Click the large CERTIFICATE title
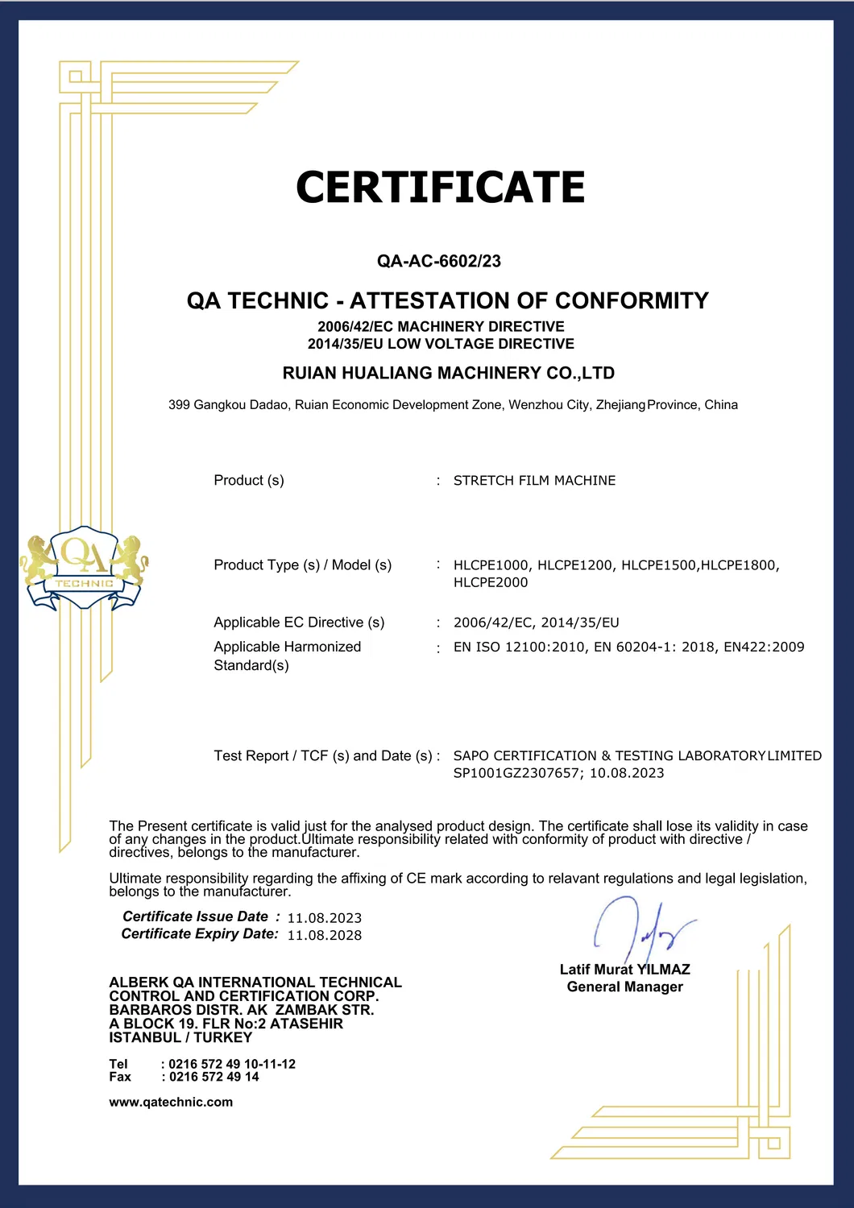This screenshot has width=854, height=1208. point(440,188)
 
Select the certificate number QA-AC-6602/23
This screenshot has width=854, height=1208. point(439,261)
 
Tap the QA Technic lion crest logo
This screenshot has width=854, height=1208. point(84,567)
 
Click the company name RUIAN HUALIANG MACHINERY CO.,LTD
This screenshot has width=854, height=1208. point(448,373)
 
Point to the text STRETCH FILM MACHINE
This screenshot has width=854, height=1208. point(534,481)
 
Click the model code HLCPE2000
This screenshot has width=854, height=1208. point(491,582)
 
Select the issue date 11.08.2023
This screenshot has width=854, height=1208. point(325,918)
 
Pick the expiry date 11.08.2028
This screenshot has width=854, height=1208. point(325,935)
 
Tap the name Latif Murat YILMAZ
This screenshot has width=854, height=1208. point(624,970)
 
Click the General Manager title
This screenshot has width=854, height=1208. point(624,987)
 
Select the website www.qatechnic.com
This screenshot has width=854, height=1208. point(171,1103)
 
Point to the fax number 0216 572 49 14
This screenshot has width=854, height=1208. point(213,1078)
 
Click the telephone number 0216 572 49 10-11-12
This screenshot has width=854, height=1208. point(232,1065)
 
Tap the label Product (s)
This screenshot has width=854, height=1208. point(249,481)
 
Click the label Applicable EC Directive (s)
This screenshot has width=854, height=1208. point(299,623)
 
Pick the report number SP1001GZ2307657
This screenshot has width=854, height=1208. point(518,773)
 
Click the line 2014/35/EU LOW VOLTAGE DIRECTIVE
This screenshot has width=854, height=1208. point(441,344)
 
